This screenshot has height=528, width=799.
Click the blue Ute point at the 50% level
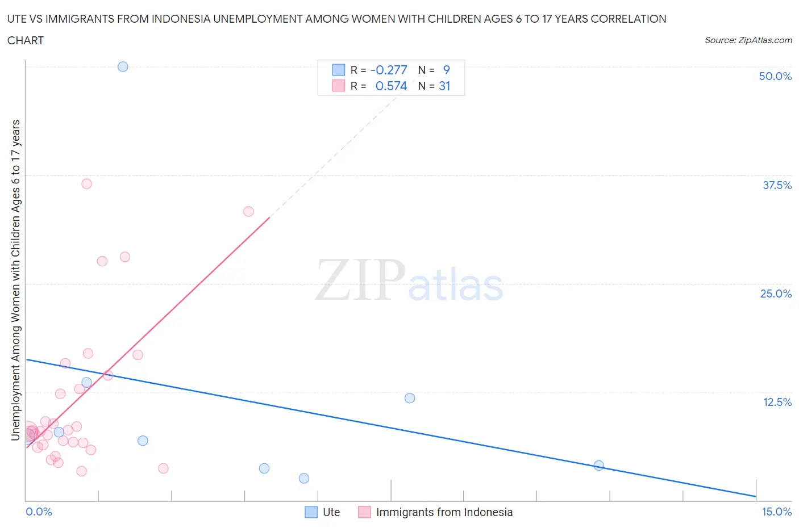(x=123, y=66)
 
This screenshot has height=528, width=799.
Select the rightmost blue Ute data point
(x=598, y=466)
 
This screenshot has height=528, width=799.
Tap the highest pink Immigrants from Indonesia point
(x=86, y=183)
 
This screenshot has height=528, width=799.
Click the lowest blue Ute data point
(x=304, y=478)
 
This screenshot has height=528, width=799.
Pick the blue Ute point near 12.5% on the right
(x=410, y=398)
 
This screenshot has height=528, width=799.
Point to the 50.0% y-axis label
(x=775, y=76)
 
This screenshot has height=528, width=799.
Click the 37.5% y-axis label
(x=777, y=185)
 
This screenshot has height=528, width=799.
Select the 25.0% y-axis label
(x=776, y=294)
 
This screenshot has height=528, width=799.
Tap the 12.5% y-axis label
(x=777, y=402)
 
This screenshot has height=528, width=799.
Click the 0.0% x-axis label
(x=39, y=512)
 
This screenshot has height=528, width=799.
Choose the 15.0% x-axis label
(x=776, y=512)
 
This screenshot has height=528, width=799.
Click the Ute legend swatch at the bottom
(x=311, y=512)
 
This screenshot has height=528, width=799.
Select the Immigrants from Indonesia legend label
(x=444, y=512)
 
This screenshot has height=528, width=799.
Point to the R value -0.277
(x=389, y=70)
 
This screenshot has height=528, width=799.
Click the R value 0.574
(x=391, y=86)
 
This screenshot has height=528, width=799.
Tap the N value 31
(x=444, y=86)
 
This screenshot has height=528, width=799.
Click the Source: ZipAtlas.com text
(x=748, y=40)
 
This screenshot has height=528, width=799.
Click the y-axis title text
(x=15, y=280)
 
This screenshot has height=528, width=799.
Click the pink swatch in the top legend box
(x=339, y=86)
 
